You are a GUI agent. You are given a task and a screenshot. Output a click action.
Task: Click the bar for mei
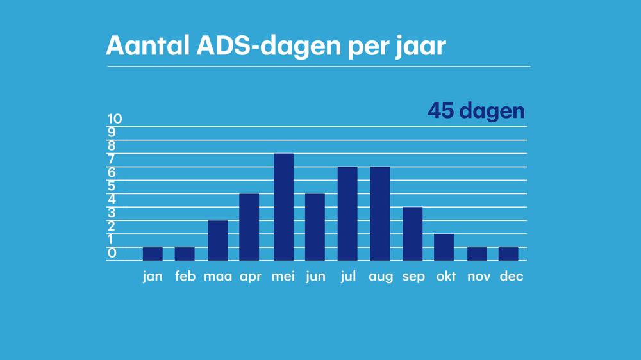[x=283, y=207]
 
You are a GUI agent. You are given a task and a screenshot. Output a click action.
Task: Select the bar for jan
[x=153, y=254]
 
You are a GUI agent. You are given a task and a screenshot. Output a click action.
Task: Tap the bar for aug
[x=380, y=213]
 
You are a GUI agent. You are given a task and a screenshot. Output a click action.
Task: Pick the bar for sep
[x=413, y=234]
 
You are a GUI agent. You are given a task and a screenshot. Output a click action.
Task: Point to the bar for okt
[x=444, y=247]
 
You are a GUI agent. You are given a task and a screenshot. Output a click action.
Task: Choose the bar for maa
[x=218, y=240]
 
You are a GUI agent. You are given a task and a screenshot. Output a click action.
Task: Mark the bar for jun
[x=315, y=227]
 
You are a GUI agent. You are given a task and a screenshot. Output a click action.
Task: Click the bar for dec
[x=508, y=254]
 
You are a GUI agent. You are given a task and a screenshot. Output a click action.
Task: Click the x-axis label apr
[x=250, y=277]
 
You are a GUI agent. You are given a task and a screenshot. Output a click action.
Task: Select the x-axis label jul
[x=347, y=277]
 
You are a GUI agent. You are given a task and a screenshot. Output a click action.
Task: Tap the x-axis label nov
[x=478, y=277]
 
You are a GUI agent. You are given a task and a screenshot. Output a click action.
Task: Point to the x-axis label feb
[x=185, y=277]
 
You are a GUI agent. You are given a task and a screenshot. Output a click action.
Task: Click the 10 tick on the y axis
[x=114, y=119]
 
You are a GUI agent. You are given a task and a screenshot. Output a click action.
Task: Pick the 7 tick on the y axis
[x=112, y=159]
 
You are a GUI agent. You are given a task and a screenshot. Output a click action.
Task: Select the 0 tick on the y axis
[x=112, y=253]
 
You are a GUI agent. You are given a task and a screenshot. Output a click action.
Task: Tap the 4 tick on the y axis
[x=112, y=199]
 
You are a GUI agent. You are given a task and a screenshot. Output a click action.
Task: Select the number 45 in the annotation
[x=440, y=111]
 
